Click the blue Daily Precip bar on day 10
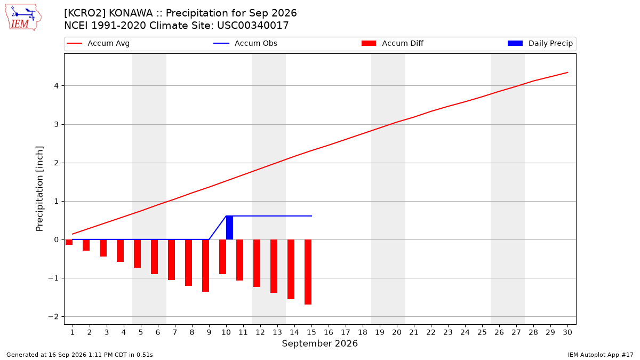[x=229, y=228]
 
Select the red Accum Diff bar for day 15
[x=308, y=272]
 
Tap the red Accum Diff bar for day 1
[x=69, y=242]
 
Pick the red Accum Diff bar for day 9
[x=206, y=266]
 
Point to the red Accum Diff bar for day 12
[x=257, y=263]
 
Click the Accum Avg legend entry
[x=98, y=43]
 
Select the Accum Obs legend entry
[x=245, y=43]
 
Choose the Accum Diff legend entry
[x=393, y=43]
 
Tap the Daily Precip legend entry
[x=540, y=43]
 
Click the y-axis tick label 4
[x=57, y=86]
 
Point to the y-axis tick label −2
[x=53, y=317]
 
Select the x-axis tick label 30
[x=567, y=332]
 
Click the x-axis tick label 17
[x=346, y=332]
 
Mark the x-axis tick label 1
[x=73, y=332]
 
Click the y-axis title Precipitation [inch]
[x=39, y=189]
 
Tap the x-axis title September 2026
[x=319, y=343]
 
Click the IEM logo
[x=23, y=17]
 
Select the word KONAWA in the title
[x=131, y=13]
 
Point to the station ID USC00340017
[x=253, y=26]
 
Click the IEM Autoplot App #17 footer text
[x=601, y=355]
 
